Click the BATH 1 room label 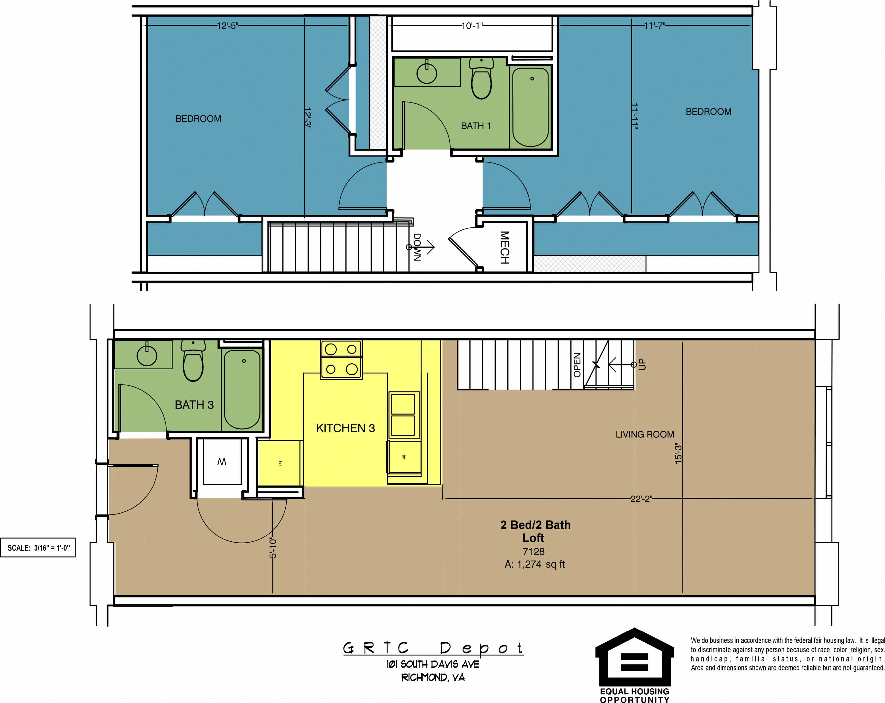pos(475,126)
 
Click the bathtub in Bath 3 pos(242,389)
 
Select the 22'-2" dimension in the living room pos(641,499)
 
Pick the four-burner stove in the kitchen pos(341,359)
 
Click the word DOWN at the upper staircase pos(417,247)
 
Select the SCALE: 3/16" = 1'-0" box pos(38,548)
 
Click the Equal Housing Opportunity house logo pos(635,657)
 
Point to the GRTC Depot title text pos(433,648)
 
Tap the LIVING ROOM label pos(644,434)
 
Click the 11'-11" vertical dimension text pos(635,117)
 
